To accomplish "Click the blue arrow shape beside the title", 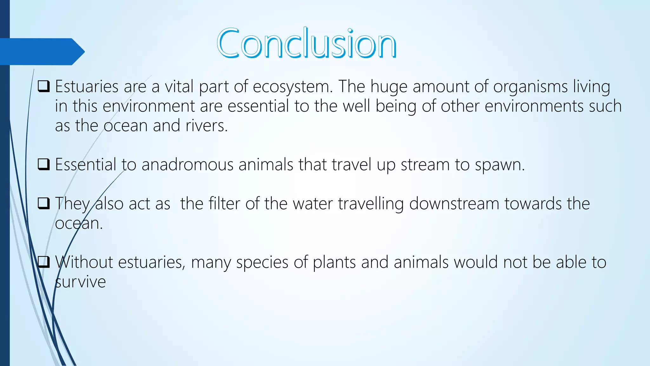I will tap(41, 51).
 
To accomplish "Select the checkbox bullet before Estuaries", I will tap(43, 86).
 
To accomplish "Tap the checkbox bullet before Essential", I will tap(43, 164).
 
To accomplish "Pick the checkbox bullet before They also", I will tap(43, 203).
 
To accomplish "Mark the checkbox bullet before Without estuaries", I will tap(43, 262).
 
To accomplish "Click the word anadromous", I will tap(187, 165).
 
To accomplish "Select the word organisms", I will tap(530, 87).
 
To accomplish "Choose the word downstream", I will tap(454, 203).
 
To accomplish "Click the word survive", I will tap(80, 282).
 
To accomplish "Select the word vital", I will tap(179, 86).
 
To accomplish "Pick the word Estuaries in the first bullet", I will tap(87, 86).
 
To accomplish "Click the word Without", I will tap(84, 262).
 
